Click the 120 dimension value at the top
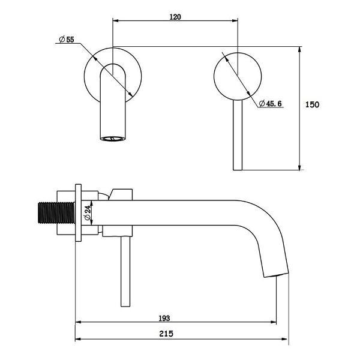click(x=175, y=17)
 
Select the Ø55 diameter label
click(x=67, y=40)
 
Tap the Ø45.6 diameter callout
click(x=270, y=104)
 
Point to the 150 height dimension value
click(x=312, y=104)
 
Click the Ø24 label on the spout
click(x=88, y=213)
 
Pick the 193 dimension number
click(x=164, y=318)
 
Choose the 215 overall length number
click(x=166, y=334)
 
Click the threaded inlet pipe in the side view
click(x=56, y=213)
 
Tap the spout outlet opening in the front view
click(x=113, y=139)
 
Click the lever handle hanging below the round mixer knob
click(x=238, y=135)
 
